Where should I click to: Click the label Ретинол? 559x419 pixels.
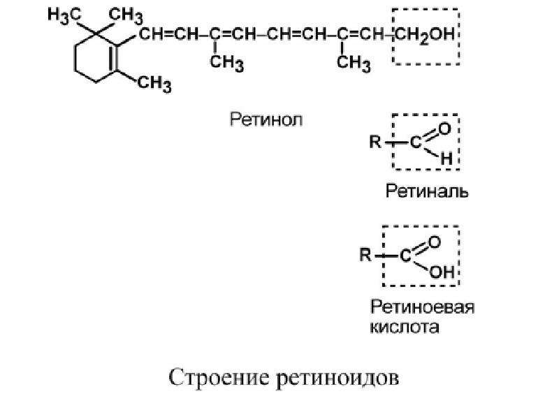pos(266,119)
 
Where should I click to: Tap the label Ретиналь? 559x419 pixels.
pos(427,191)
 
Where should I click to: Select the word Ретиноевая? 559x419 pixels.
pos(423,307)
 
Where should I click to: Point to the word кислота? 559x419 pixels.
pos(405,327)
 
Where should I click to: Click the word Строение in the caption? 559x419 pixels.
pos(219,377)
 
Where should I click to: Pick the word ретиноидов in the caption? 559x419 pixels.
pos(337,378)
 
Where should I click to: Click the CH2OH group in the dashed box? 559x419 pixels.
pos(425,36)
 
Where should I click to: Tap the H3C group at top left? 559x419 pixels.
pos(64,16)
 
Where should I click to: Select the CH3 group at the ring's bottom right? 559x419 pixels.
pos(154,84)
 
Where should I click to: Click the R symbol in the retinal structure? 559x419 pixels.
pos(375,142)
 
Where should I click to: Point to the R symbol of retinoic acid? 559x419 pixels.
pos(365,255)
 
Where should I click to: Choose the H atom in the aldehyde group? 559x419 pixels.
pos(447,159)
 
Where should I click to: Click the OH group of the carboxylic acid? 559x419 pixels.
pos(442,272)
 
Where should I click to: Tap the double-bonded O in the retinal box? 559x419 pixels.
pos(445,128)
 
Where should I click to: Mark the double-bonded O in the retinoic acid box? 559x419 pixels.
pos(435,242)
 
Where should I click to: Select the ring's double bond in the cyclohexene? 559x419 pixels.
pos(114,57)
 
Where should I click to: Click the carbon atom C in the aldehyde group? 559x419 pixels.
pos(415,142)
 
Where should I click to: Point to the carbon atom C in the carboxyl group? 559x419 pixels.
pos(406,256)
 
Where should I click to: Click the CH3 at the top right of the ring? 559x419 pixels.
pos(126,16)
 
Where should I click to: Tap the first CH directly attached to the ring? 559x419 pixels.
pos(150,34)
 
